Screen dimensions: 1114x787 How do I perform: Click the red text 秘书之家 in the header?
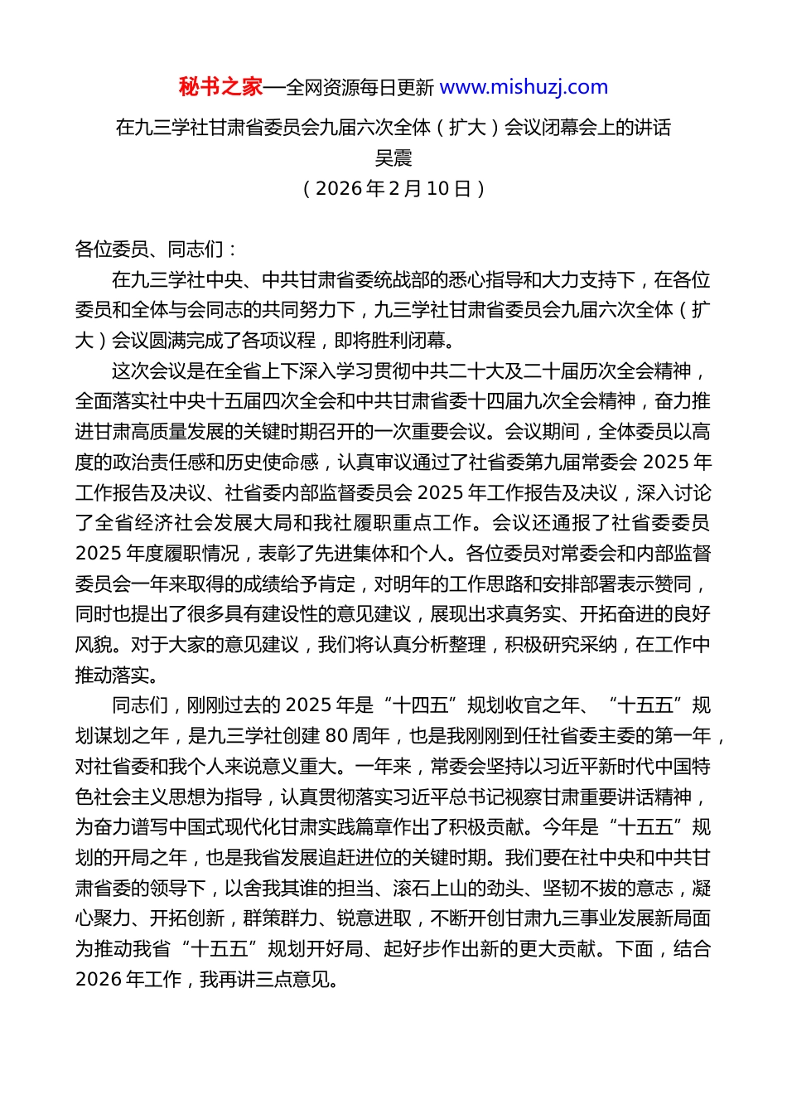click(x=220, y=87)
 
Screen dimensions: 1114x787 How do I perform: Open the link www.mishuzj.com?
click(x=524, y=87)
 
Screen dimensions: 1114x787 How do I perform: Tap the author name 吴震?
click(x=393, y=157)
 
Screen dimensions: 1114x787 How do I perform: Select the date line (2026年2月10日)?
click(x=393, y=188)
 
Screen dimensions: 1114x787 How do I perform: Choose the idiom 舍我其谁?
click(x=281, y=889)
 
